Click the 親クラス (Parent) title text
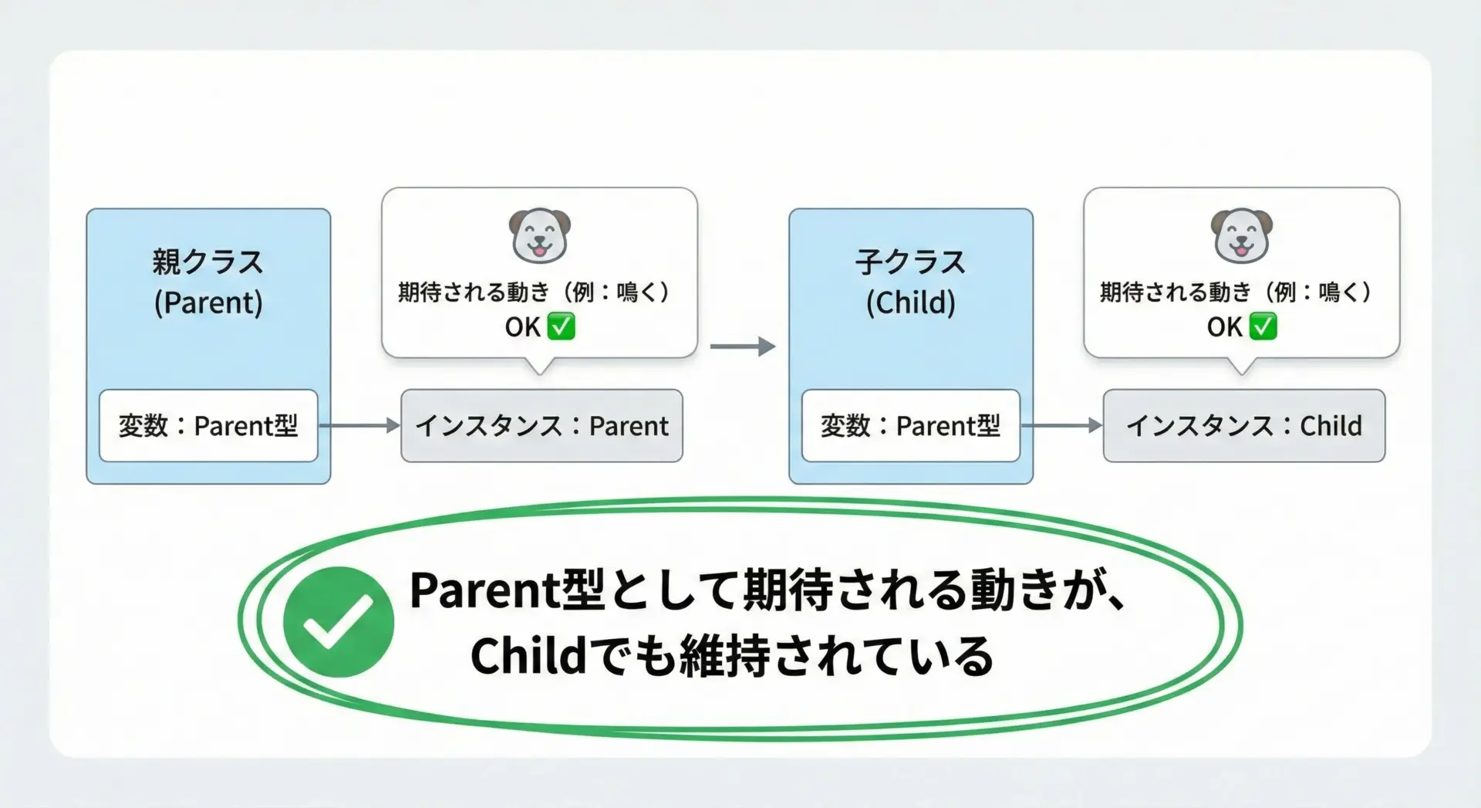(208, 282)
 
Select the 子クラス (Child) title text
(911, 282)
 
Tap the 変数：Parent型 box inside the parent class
(208, 425)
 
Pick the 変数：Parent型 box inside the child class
(911, 425)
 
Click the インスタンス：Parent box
(541, 425)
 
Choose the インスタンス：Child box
(1244, 425)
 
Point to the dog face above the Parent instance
(540, 235)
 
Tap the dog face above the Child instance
(1242, 235)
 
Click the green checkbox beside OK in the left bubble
(562, 326)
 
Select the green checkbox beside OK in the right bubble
(1263, 326)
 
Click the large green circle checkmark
(338, 622)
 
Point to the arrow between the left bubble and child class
(743, 347)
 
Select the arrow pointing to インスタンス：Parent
(359, 425)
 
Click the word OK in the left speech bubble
(523, 327)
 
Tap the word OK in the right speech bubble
(1225, 327)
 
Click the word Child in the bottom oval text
(529, 656)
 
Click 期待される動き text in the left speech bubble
(474, 292)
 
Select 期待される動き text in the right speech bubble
(1176, 292)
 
